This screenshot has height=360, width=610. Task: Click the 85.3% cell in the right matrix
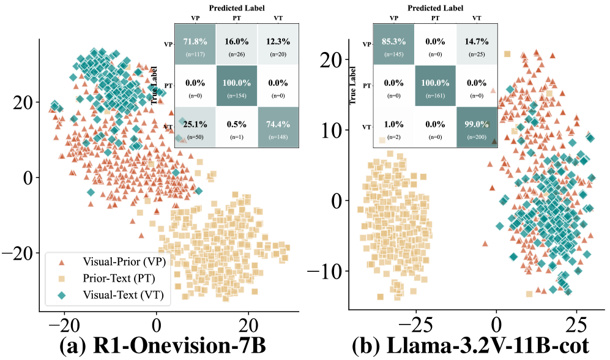[x=393, y=45]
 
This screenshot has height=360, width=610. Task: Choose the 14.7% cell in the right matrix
[x=477, y=45]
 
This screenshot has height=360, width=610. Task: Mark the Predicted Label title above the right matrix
[x=435, y=8]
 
